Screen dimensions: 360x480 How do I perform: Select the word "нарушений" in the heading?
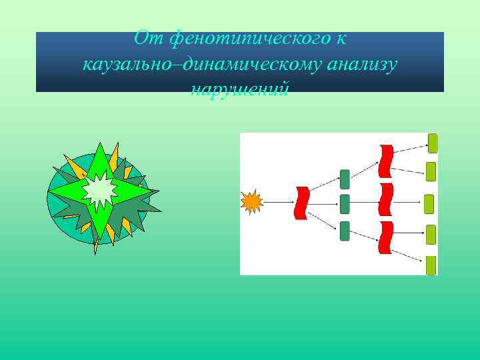point(240,89)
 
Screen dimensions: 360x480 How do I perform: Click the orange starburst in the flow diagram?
point(252,201)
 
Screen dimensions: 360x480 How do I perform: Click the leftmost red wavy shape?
point(302,203)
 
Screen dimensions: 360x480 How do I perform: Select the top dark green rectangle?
point(345,179)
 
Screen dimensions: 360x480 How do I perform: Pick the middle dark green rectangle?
point(345,203)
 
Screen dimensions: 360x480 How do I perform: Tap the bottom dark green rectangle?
point(345,231)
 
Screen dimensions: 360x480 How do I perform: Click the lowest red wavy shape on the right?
point(385,238)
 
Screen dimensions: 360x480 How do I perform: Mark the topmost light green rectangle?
point(433,143)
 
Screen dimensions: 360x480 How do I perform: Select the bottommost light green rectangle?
point(431,265)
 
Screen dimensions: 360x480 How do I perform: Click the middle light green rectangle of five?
point(429,203)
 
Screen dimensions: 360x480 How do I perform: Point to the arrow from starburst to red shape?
point(279,201)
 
